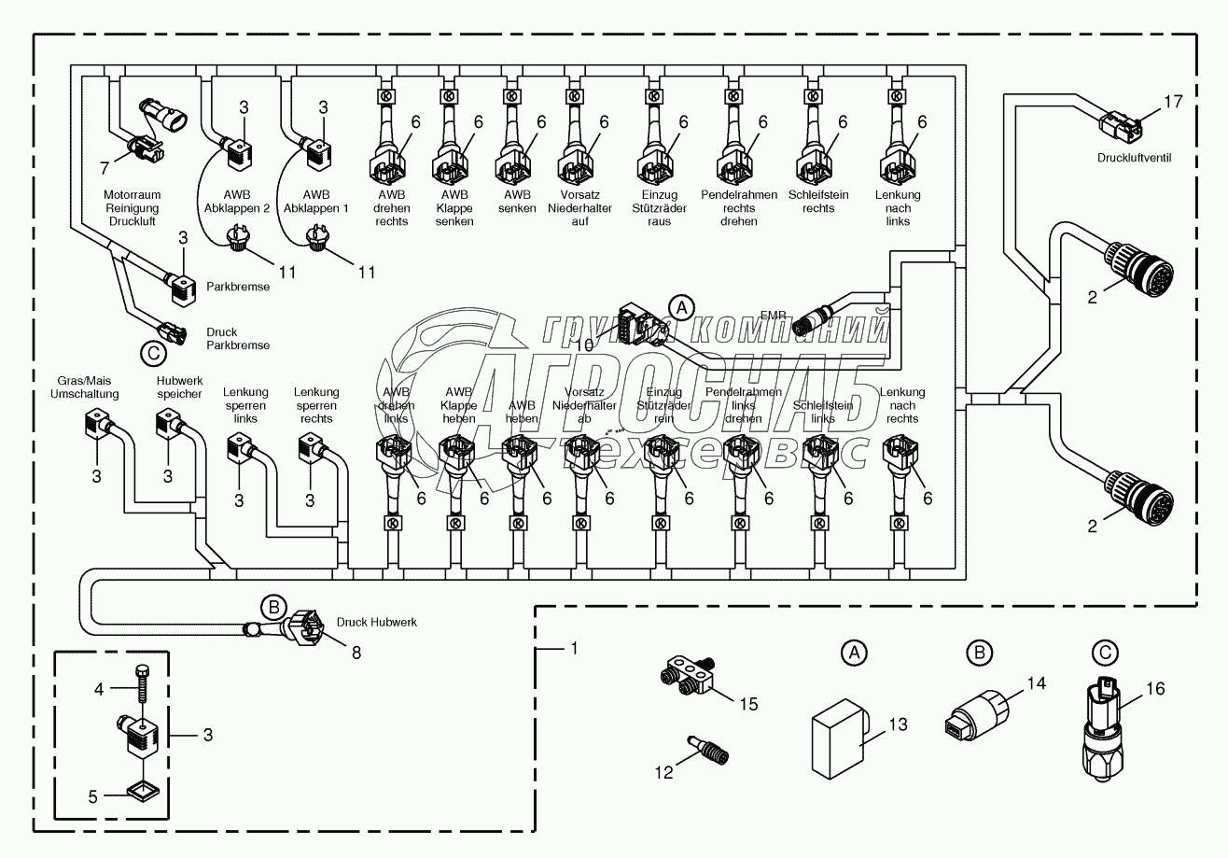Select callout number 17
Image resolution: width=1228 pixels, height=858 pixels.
1173,100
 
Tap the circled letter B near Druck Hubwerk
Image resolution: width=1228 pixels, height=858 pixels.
272,606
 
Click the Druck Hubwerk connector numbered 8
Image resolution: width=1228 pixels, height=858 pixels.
307,626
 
